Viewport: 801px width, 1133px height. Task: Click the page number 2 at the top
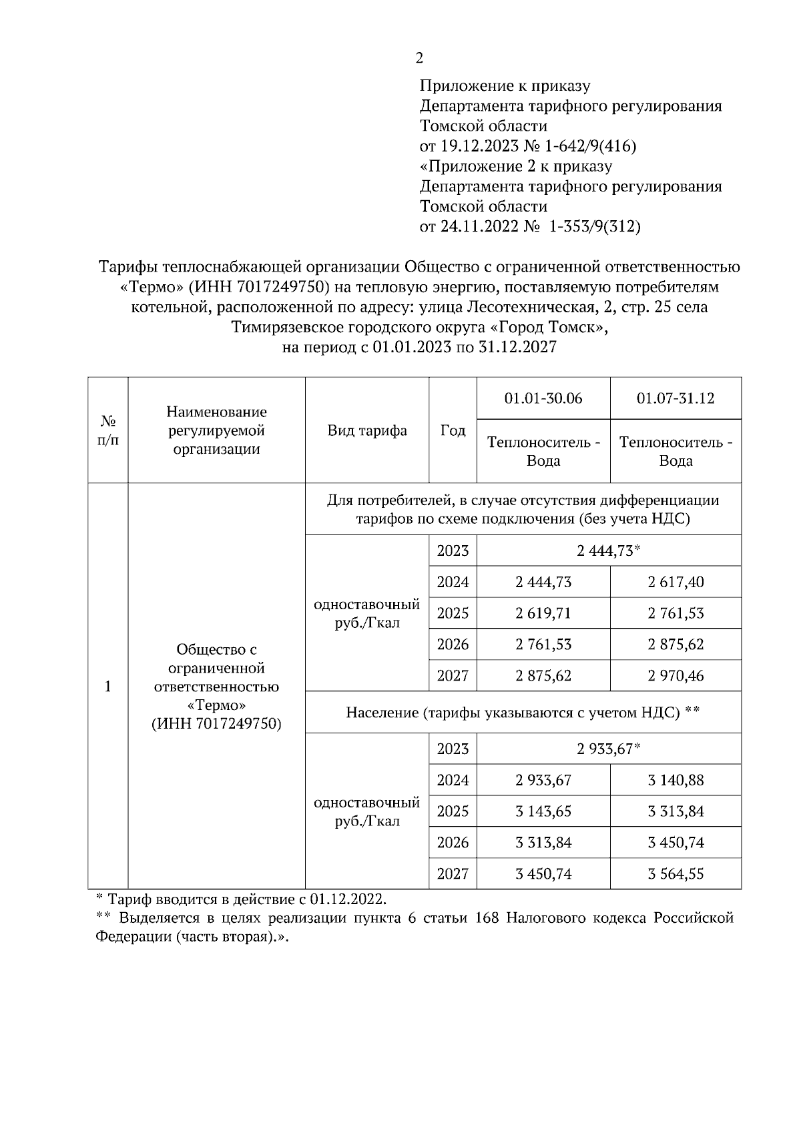419,59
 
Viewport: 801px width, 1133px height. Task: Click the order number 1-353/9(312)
594,227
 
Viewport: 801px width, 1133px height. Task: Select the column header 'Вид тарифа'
367,430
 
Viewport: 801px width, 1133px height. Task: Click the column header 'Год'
453,430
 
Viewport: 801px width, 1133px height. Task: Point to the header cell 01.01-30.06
543,398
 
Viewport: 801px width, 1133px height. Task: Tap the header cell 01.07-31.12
676,398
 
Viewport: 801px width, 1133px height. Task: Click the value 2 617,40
676,582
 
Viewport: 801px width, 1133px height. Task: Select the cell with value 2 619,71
543,613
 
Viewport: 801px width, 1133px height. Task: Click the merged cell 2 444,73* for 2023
609,551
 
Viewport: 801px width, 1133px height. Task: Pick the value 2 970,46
676,676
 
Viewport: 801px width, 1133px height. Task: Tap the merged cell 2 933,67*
609,749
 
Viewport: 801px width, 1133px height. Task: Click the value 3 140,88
676,780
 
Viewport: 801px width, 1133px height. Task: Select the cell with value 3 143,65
543,811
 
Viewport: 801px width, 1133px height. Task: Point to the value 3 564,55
676,874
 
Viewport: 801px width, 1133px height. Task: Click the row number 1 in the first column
108,687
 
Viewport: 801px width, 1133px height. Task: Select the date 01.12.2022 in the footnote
347,899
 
